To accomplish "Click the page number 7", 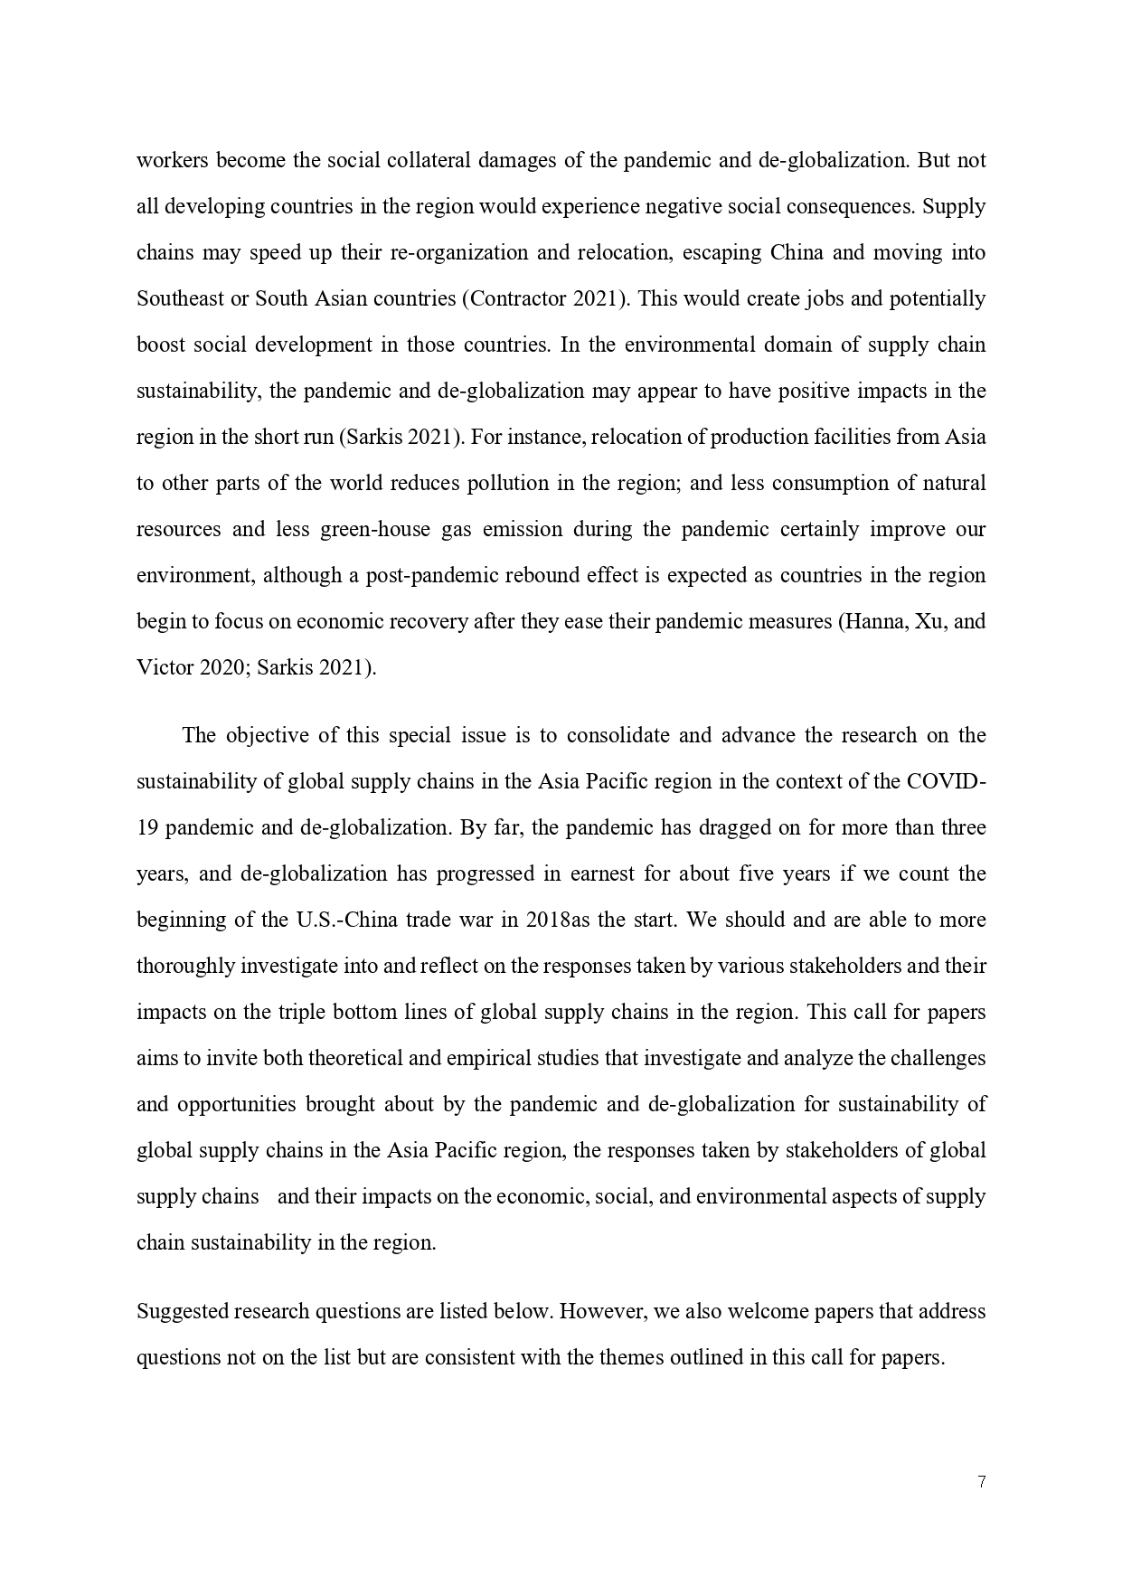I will tap(981, 1481).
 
